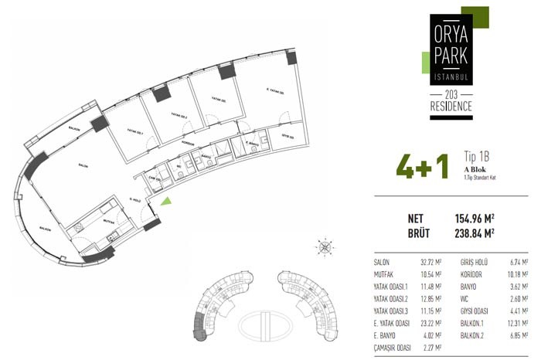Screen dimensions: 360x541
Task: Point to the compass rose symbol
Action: tap(325, 247)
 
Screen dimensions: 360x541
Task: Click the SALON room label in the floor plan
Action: tap(83, 165)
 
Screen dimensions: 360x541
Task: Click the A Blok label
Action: tap(475, 168)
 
